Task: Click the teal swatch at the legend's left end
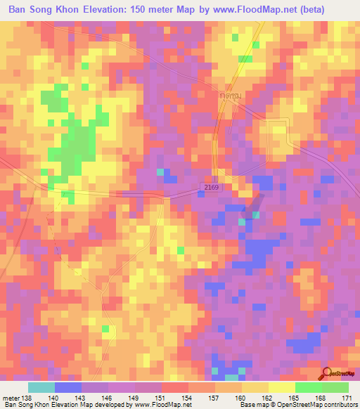pos(41,387)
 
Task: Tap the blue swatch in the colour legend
pos(68,387)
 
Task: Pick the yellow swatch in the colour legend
pos(255,387)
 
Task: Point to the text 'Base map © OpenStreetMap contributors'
pos(298,405)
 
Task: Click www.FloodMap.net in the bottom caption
pos(162,405)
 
